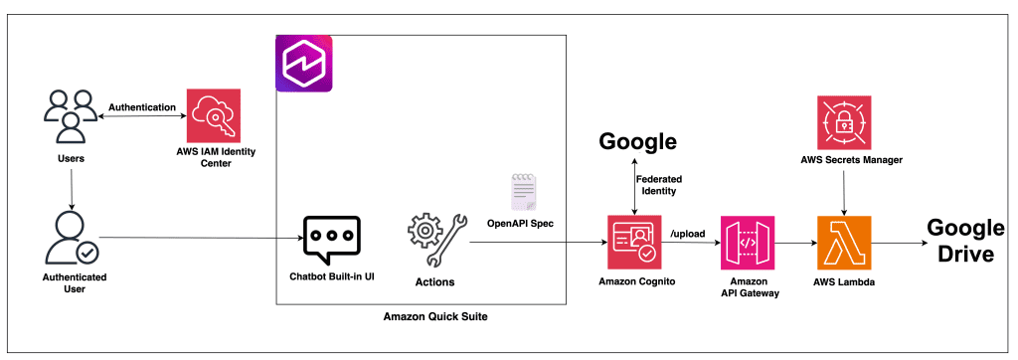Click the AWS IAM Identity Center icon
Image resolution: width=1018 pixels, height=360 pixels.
pos(213,115)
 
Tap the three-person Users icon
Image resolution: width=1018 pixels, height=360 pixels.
pos(70,115)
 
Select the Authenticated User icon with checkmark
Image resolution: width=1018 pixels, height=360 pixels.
pos(69,238)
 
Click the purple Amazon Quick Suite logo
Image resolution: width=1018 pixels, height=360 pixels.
pos(304,64)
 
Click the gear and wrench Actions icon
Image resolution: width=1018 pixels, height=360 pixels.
pos(434,241)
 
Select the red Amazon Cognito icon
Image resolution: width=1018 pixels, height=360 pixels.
pos(634,243)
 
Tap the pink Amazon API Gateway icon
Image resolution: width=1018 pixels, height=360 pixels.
pos(748,243)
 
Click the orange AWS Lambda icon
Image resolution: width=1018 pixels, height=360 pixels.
pos(843,243)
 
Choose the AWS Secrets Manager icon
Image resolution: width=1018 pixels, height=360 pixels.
pos(843,122)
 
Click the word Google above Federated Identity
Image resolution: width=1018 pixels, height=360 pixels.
pos(637,141)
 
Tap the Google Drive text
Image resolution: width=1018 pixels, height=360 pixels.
pos(964,241)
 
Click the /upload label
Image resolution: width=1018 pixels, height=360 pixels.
pos(688,234)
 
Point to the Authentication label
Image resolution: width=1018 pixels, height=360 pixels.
pos(141,106)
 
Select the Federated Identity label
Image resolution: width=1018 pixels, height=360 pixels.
pos(659,185)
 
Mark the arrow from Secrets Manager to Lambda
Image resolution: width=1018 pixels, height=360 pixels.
pos(843,189)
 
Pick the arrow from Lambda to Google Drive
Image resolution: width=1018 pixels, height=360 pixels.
pos(899,243)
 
